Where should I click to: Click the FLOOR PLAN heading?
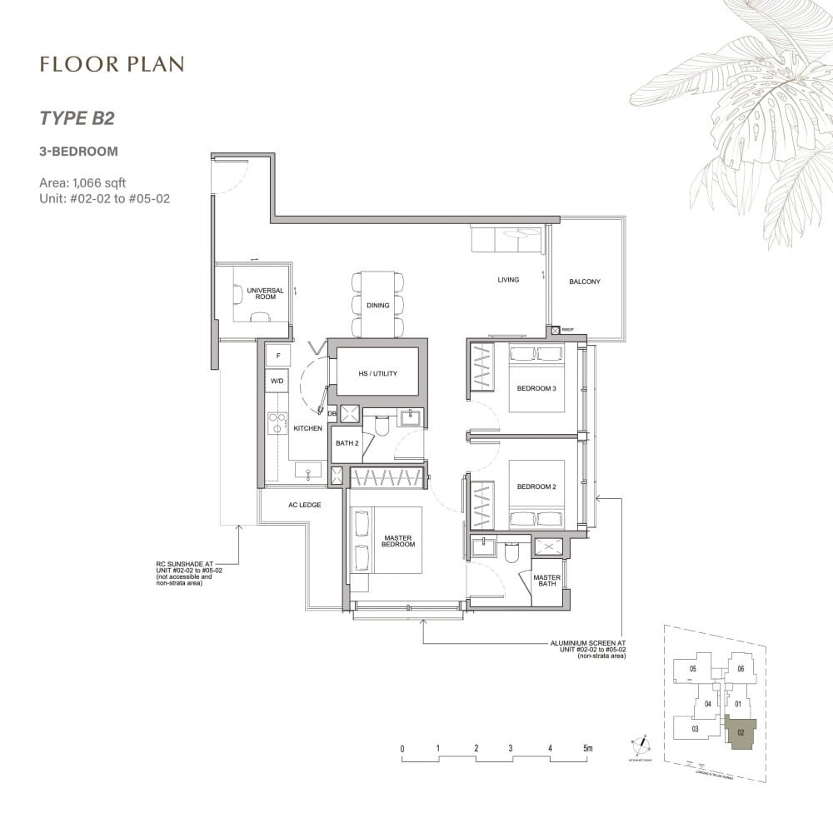[111, 64]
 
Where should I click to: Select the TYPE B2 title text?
[76, 117]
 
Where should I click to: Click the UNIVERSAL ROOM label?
[265, 293]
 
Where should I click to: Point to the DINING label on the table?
[377, 306]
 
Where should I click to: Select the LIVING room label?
[508, 280]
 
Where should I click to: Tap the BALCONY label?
[584, 282]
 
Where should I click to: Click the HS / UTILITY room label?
[377, 374]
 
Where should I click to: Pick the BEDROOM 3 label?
[536, 388]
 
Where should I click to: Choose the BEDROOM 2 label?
[536, 486]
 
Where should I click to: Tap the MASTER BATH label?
[546, 581]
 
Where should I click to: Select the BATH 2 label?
[347, 443]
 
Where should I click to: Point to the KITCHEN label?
[308, 428]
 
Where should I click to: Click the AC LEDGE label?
[304, 505]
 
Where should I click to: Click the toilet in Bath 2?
[382, 426]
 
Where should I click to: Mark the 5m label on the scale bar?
[587, 748]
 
